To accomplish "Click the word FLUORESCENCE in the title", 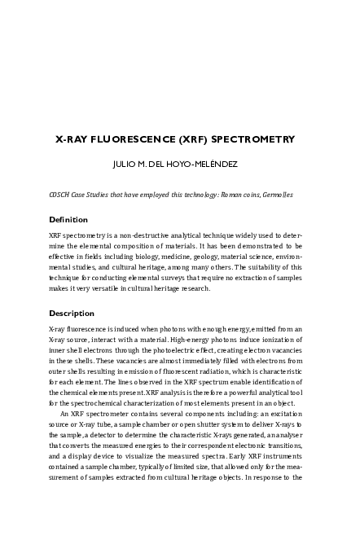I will [x=129, y=140].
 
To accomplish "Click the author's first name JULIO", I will [x=125, y=164].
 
